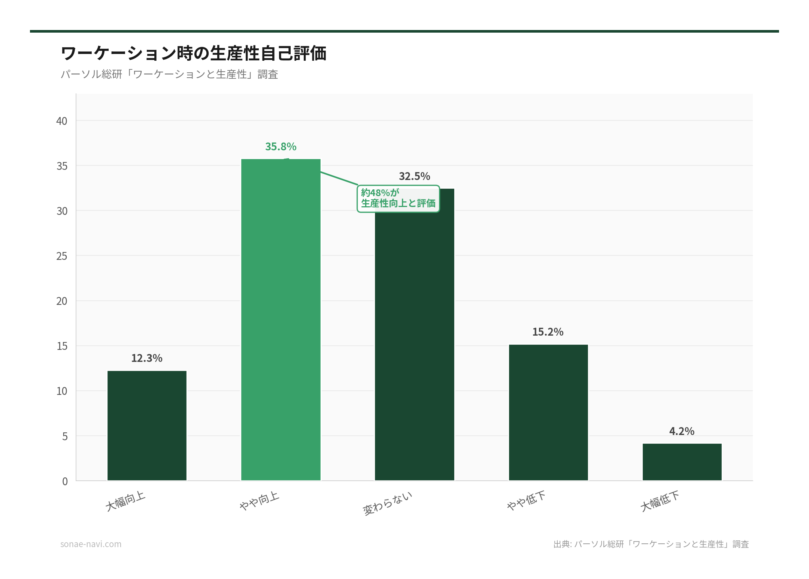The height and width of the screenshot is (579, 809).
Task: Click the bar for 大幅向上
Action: (x=147, y=425)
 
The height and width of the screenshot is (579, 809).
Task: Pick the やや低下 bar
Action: (x=548, y=412)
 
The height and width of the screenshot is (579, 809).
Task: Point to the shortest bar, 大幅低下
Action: (x=682, y=462)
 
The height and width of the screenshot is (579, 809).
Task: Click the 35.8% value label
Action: (x=281, y=147)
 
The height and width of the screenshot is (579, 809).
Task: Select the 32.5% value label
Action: (x=414, y=176)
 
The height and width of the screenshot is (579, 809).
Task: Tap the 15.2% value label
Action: (x=548, y=332)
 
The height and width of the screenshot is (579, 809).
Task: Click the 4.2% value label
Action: (x=682, y=431)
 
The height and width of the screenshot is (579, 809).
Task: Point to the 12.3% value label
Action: (x=147, y=358)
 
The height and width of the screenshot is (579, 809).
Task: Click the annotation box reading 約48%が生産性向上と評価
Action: (x=398, y=198)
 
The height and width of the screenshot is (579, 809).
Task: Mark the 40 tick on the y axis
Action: (x=62, y=121)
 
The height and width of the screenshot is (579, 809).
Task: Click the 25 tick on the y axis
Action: (x=62, y=256)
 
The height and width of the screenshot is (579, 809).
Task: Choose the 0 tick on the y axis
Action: (x=65, y=481)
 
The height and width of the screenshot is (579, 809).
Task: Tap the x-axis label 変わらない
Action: (x=388, y=503)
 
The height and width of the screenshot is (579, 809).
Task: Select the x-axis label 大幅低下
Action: (x=660, y=501)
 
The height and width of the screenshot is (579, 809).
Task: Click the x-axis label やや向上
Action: (x=259, y=501)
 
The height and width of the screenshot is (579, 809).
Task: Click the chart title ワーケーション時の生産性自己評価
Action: (x=194, y=53)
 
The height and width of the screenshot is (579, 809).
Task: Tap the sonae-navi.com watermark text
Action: (x=91, y=544)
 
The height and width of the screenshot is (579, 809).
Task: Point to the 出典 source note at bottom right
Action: (x=651, y=544)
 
